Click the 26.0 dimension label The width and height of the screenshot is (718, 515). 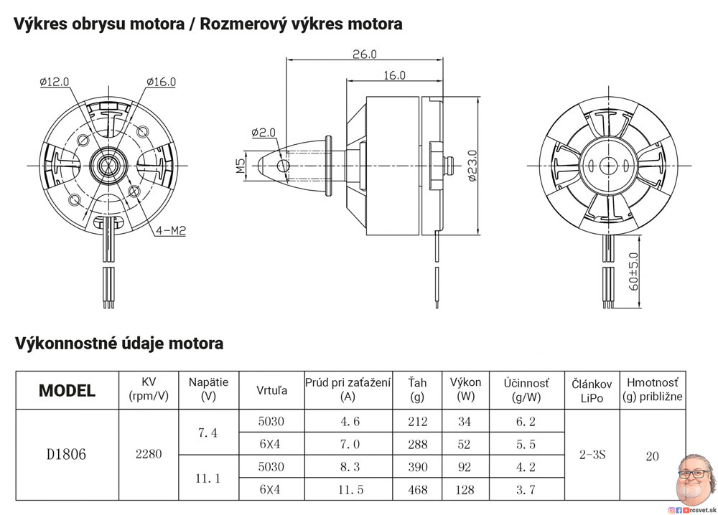pos(365,54)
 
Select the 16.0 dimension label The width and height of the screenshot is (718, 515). pos(394,75)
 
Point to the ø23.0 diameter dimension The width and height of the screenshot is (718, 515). pos(472,166)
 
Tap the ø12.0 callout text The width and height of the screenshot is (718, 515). pos(55,82)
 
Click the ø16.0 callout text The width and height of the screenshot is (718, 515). pos(161,82)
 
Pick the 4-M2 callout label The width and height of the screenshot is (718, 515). pos(171,231)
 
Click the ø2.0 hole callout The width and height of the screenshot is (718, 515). pos(264,132)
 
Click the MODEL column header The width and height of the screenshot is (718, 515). pos(67,391)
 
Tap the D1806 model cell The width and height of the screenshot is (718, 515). pos(66,455)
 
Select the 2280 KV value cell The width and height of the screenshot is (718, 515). pos(149,454)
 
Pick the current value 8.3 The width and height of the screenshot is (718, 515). pos(348,467)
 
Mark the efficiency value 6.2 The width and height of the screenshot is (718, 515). pos(526,422)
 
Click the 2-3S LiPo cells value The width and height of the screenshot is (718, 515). pos(592,455)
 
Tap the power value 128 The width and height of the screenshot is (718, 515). pos(465,490)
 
